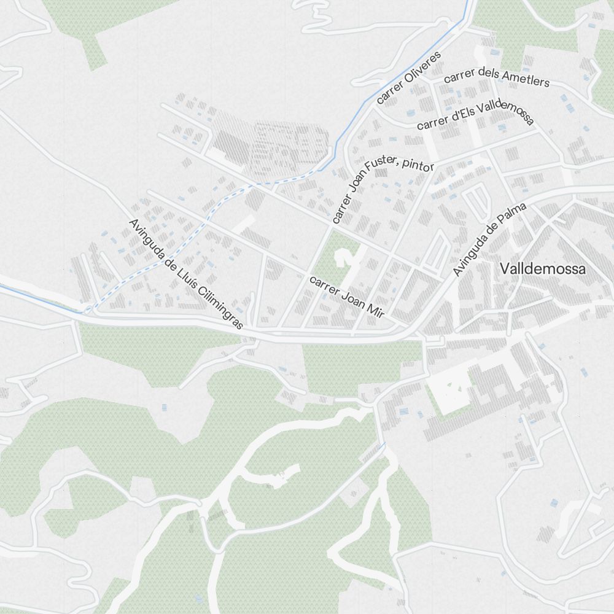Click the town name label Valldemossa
pos(543,269)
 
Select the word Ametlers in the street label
pos(525,78)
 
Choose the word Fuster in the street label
pos(380,169)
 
